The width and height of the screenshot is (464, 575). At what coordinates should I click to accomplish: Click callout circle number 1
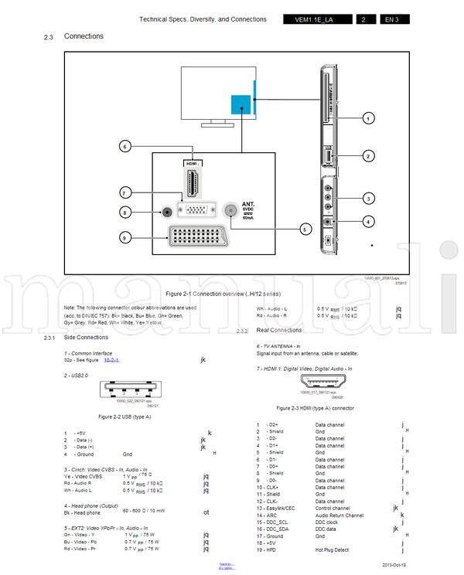369,118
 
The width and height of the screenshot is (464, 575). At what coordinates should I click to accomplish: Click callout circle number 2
369,156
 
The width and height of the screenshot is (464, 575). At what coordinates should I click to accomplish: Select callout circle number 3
369,199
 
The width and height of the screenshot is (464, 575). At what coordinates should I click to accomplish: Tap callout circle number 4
369,222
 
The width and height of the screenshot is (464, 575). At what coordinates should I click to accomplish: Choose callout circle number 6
125,145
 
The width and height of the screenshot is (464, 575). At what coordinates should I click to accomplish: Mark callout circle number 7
125,192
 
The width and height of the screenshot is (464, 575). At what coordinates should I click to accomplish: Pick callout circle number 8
125,212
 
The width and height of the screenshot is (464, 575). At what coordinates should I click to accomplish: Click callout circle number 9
125,238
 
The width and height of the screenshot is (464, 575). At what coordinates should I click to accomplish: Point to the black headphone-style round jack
165,212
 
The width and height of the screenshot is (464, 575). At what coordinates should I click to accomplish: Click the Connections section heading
84,36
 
